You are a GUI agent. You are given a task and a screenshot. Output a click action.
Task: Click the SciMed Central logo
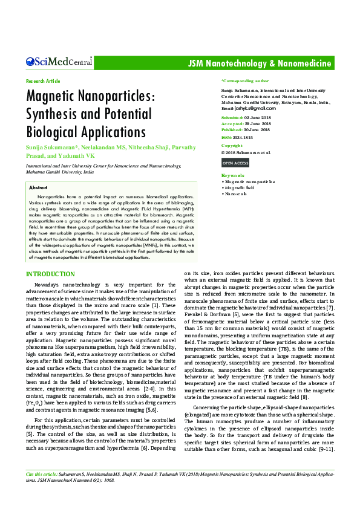(59, 62)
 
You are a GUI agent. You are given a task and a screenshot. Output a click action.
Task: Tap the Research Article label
(43, 81)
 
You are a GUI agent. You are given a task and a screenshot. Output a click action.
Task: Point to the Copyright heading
(232, 146)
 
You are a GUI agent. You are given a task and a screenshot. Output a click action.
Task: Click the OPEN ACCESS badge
(235, 163)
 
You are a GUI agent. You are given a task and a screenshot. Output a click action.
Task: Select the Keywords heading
(234, 175)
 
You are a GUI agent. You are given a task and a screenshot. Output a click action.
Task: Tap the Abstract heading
(38, 188)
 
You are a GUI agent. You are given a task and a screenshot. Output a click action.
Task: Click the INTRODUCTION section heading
(50, 274)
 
